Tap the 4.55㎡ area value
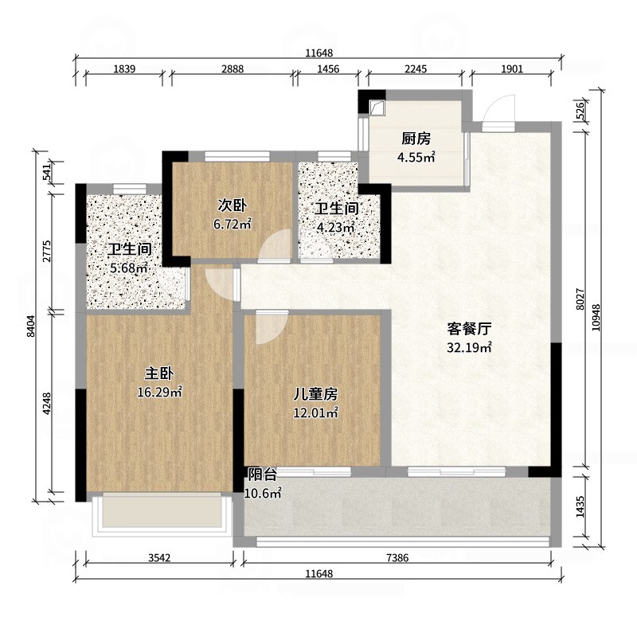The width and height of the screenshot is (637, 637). tap(416, 157)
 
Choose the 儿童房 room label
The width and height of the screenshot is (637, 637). tap(316, 393)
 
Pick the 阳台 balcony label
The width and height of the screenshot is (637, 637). tap(261, 475)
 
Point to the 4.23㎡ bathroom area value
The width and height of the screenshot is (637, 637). tap(335, 229)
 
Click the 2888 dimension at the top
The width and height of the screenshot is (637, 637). tap(232, 69)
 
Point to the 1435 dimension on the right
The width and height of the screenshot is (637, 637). tap(580, 508)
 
